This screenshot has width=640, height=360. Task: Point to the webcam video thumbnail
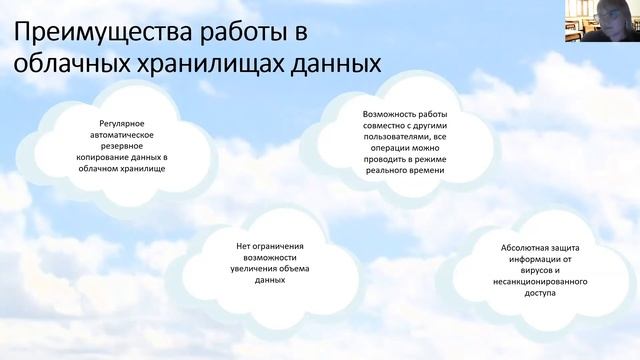[x=602, y=20]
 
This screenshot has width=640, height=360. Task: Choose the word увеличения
[x=244, y=269]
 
